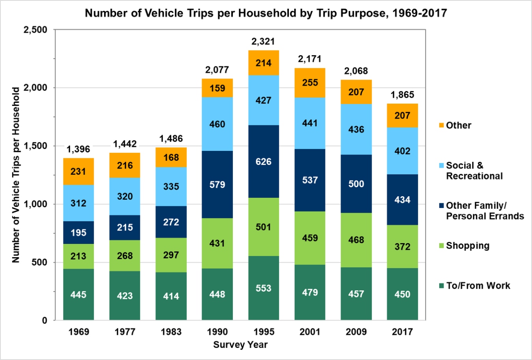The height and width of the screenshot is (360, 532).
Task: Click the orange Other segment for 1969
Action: point(78,171)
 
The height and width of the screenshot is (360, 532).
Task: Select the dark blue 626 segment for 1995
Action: point(263,161)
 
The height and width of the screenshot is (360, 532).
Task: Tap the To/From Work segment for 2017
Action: point(402,294)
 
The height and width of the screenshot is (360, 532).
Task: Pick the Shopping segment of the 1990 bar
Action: point(217,243)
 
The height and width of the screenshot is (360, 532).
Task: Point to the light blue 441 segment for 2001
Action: point(310,123)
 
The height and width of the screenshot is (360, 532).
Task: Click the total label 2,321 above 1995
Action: point(263,41)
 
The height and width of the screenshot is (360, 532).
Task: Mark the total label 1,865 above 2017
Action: point(402,95)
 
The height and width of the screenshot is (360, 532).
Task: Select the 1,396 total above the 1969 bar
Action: point(78,149)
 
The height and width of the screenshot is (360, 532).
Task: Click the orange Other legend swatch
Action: point(441,125)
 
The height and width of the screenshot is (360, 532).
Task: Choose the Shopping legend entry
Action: point(467,246)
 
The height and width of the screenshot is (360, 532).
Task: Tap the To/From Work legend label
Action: point(478,286)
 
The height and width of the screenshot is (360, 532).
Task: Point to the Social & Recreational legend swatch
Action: point(441,165)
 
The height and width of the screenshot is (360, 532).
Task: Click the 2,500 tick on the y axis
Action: point(35,30)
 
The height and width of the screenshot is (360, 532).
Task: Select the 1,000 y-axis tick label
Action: point(35,204)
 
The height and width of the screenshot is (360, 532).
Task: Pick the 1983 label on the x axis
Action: point(171,332)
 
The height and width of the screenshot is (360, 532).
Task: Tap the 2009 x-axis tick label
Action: point(356,332)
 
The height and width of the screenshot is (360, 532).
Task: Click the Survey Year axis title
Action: point(240,345)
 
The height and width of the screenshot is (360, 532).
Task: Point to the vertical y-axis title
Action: point(16,175)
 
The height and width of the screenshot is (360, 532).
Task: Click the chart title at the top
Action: point(266,13)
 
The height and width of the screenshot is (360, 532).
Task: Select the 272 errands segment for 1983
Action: point(171,222)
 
